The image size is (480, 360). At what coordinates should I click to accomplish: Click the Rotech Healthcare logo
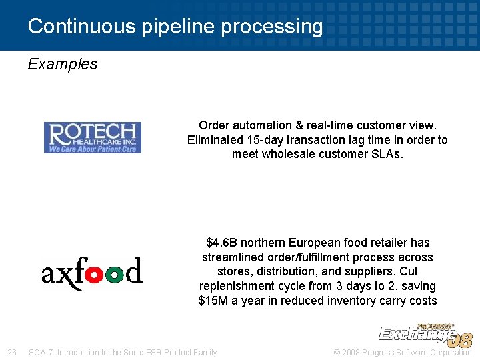click(x=93, y=137)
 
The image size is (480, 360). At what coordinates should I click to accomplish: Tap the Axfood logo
click(x=92, y=273)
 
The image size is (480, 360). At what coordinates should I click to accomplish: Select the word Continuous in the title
click(x=82, y=27)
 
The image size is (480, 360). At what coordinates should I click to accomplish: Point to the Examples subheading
click(x=63, y=64)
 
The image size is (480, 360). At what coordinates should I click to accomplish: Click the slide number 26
click(x=11, y=352)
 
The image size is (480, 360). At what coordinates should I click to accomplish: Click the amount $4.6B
click(x=224, y=243)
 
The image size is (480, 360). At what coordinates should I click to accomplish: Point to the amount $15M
click(x=213, y=301)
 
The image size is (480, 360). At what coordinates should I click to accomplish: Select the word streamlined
click(x=233, y=257)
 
